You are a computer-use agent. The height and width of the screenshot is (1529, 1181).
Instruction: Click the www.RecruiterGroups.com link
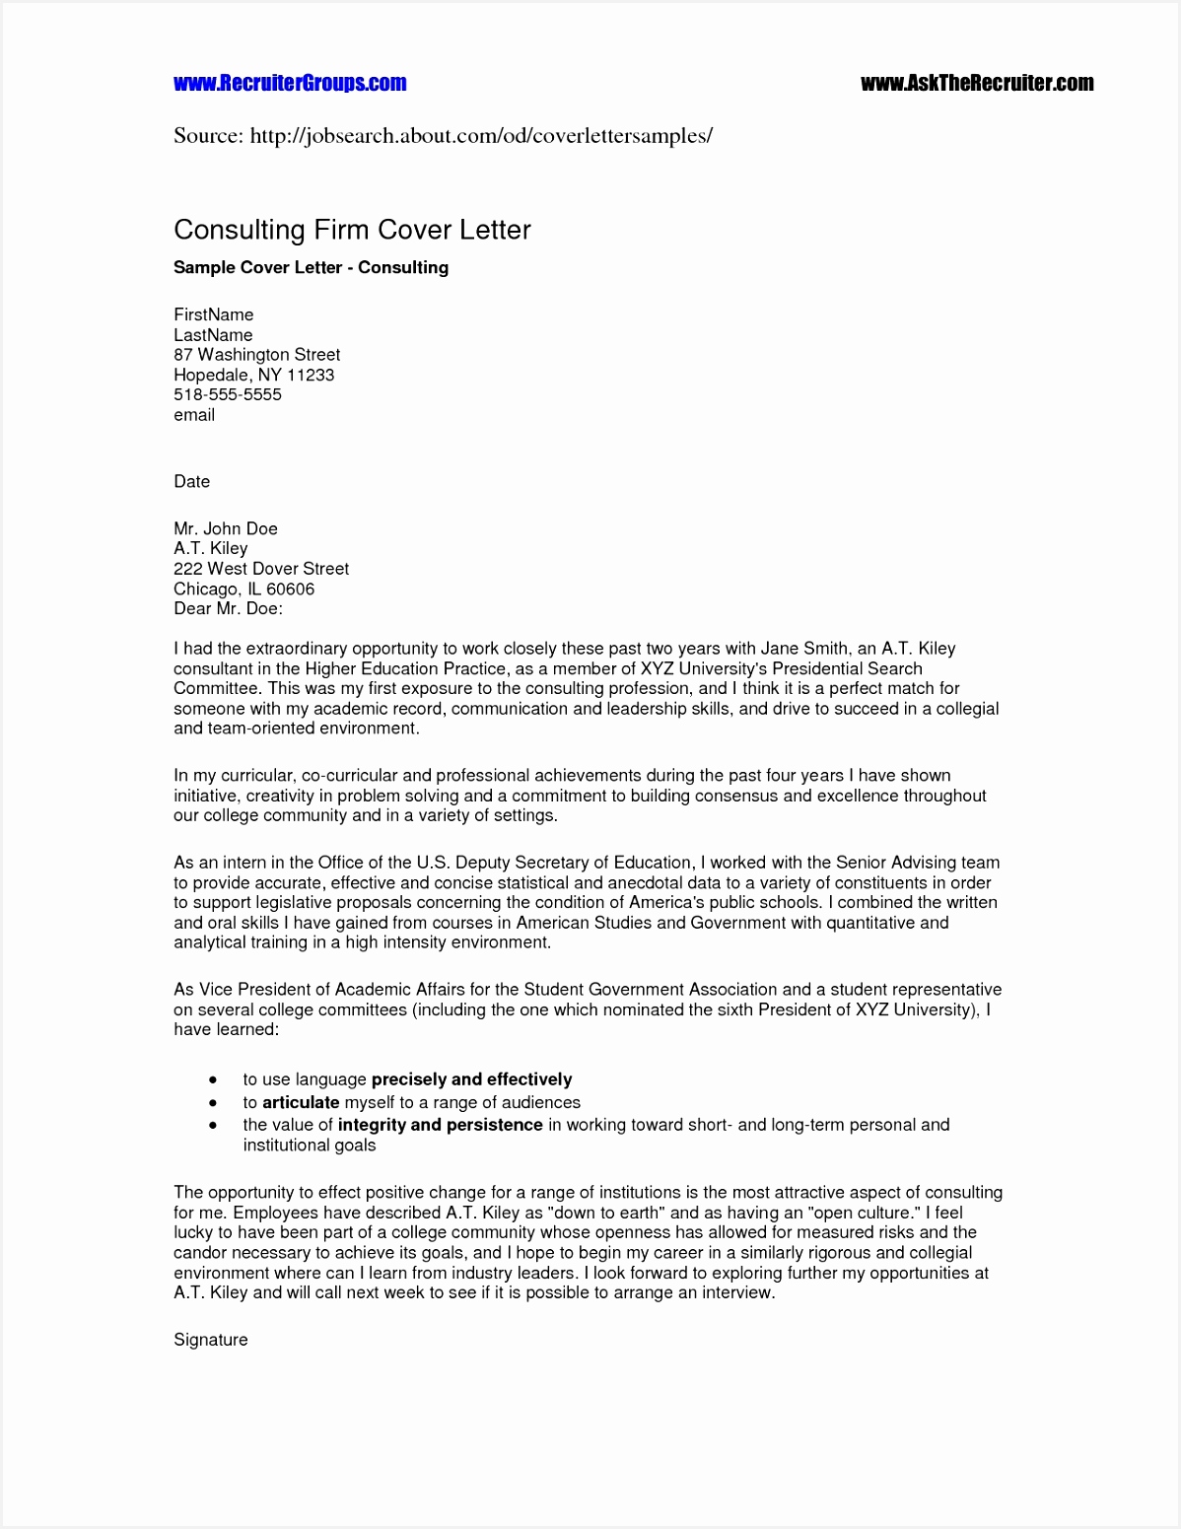tap(290, 83)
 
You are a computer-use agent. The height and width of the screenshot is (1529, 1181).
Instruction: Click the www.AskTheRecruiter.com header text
tap(976, 83)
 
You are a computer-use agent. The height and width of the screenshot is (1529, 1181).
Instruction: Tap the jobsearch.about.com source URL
tap(480, 135)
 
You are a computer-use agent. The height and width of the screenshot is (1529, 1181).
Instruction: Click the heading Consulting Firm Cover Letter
tap(352, 230)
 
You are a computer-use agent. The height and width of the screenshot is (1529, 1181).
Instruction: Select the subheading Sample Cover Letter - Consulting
tap(311, 267)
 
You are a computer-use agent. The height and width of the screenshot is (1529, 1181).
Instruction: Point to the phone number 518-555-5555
tap(228, 394)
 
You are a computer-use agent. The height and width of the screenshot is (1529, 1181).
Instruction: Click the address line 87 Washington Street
tap(256, 354)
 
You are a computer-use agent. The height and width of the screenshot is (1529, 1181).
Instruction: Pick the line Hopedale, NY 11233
tap(253, 375)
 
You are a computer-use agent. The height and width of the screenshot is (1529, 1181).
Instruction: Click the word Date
tap(191, 481)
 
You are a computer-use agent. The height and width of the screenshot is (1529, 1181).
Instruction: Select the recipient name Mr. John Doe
tap(226, 528)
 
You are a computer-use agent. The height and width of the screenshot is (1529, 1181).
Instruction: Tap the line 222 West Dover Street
tap(261, 569)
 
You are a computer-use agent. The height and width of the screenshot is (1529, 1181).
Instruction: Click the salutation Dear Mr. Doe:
tap(228, 608)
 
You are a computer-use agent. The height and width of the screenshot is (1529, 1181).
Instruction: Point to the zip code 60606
tap(290, 589)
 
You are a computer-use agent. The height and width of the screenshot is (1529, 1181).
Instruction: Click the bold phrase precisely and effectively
tap(471, 1079)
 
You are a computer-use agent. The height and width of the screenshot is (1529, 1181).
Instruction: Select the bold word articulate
tap(301, 1102)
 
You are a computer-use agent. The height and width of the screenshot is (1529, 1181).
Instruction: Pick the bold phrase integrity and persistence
tap(440, 1125)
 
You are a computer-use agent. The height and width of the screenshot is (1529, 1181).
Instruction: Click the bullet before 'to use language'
tap(213, 1080)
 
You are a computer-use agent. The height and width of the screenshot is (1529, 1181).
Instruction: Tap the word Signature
tap(210, 1340)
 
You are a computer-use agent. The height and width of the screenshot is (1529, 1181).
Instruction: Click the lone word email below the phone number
tap(194, 415)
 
